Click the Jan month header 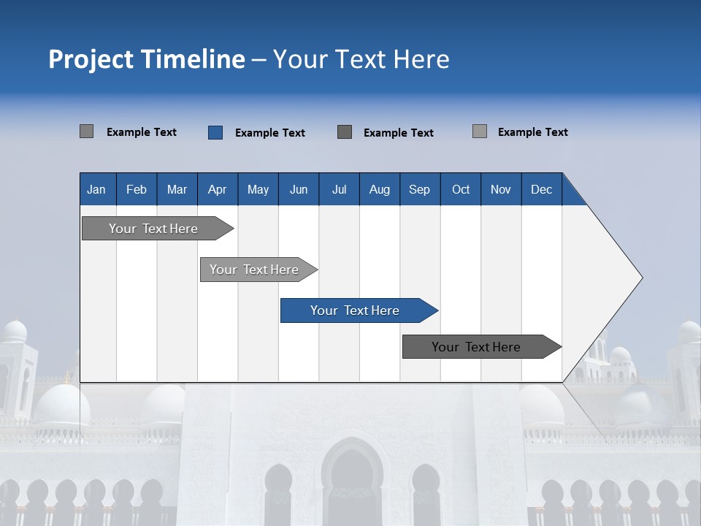(x=96, y=190)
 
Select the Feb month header (x=137, y=190)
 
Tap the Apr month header (x=217, y=190)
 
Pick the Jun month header (x=299, y=190)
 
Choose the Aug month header (x=380, y=190)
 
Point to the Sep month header (x=419, y=190)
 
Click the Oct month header (x=461, y=190)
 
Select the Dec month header (x=542, y=190)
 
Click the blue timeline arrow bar (x=355, y=310)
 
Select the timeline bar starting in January (x=153, y=229)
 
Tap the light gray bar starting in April (x=254, y=270)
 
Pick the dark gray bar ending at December (x=476, y=347)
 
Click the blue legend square (x=215, y=132)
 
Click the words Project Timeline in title (x=146, y=59)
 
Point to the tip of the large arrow (x=641, y=278)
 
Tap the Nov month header (x=501, y=190)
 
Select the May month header (x=258, y=190)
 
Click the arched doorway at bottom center (x=352, y=482)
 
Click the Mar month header (x=177, y=190)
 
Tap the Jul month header (x=340, y=190)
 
